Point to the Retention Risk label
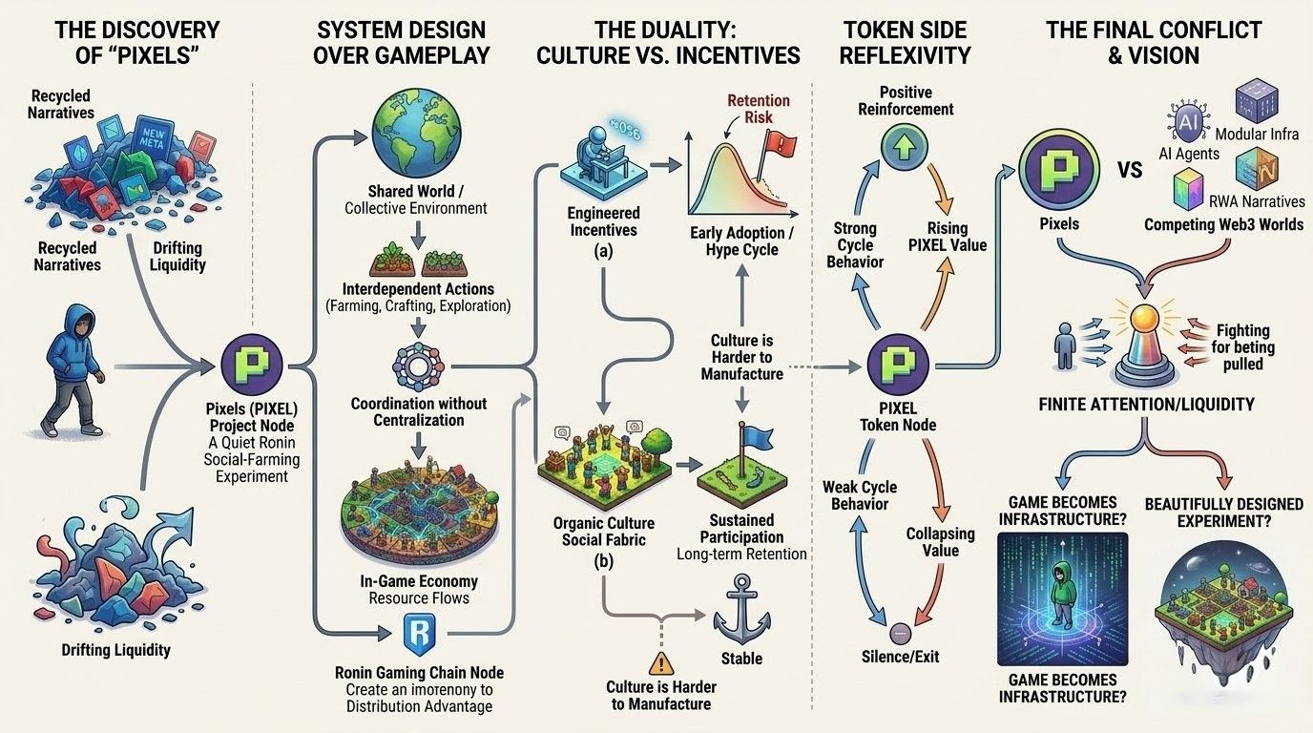pos(757,109)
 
